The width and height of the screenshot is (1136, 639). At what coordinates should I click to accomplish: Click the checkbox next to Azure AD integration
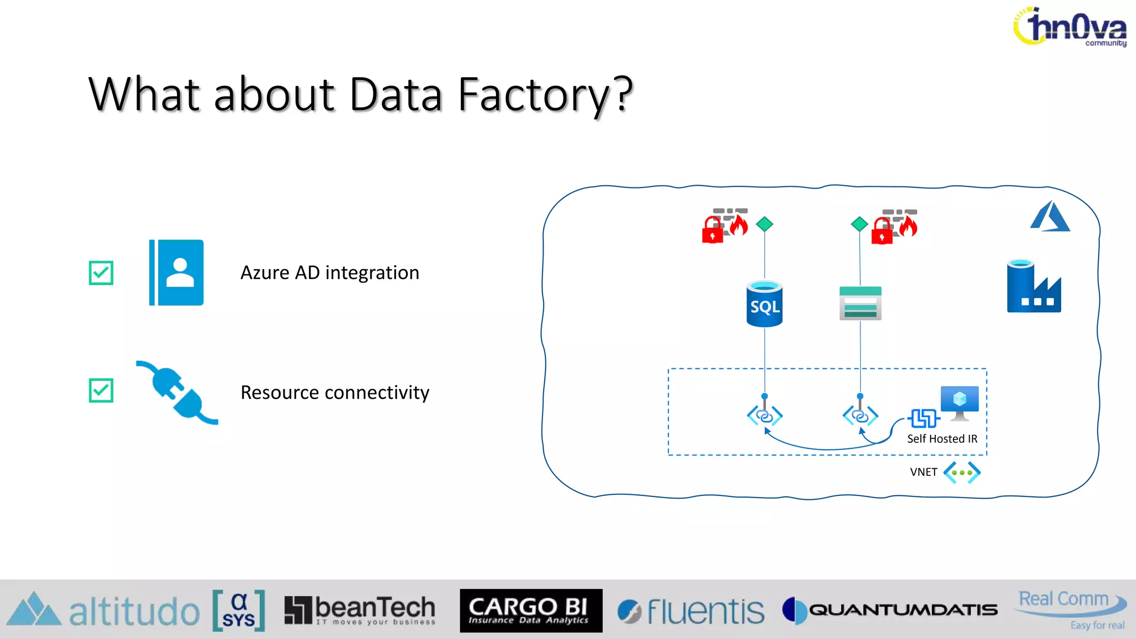[101, 273]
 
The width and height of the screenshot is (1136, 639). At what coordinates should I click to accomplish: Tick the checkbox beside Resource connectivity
[101, 390]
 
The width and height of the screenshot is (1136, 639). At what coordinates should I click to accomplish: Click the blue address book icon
[176, 272]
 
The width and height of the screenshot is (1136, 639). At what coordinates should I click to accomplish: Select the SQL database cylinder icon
[764, 305]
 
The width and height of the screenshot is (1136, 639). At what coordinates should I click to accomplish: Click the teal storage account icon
[860, 303]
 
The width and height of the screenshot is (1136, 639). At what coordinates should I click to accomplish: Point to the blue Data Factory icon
[1034, 286]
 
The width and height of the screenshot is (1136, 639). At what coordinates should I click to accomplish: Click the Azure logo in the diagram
[1049, 217]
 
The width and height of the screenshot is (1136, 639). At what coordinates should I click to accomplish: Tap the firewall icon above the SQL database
[725, 225]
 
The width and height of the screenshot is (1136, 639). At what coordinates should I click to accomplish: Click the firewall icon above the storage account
[894, 226]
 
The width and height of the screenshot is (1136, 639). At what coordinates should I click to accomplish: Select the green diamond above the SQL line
[764, 224]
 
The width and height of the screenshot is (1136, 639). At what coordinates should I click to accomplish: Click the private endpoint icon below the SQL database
[764, 415]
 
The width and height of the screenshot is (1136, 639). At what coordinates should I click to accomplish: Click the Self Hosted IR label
[942, 439]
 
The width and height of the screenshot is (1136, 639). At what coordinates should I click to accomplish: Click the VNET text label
[923, 472]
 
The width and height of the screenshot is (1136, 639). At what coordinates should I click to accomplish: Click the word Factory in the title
[532, 94]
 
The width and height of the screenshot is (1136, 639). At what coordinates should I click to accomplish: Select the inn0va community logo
[1071, 27]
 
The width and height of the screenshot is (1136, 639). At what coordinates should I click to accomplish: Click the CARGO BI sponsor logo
[531, 611]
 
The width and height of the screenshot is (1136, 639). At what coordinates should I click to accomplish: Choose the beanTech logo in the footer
[360, 611]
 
